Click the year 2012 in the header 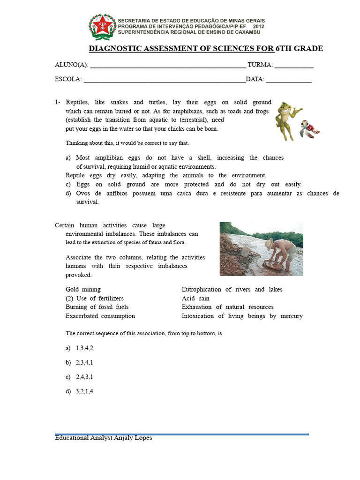point(259,27)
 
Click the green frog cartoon point(285,120)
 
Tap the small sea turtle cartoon point(309,128)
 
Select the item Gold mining point(83,290)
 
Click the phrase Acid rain point(195,299)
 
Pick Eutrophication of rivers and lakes point(232,290)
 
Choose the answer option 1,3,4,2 point(85,348)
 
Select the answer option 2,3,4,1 point(85,362)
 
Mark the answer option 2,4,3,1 point(85,377)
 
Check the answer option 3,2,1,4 point(85,391)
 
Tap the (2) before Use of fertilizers point(70,299)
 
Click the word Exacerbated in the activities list point(83,316)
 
